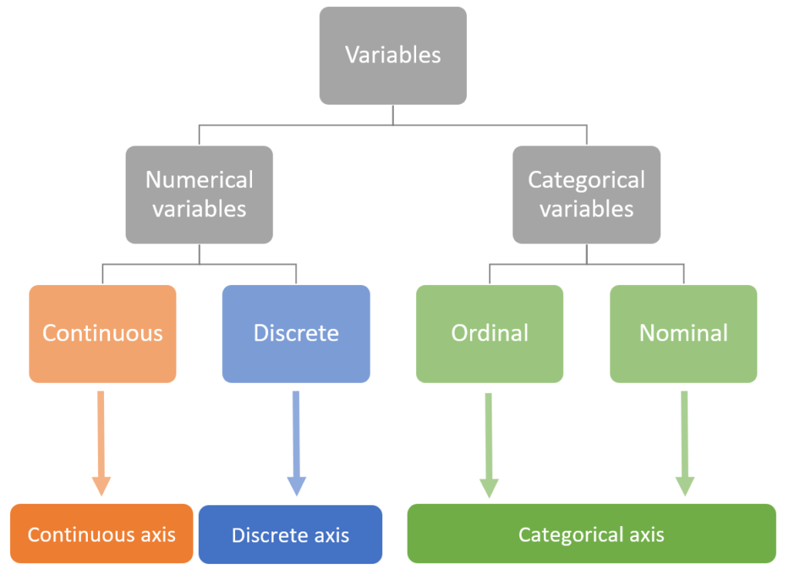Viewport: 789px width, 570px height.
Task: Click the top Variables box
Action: tap(393, 55)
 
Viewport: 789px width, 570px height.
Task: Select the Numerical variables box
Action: tap(200, 194)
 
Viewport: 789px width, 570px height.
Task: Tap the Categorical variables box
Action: tap(586, 194)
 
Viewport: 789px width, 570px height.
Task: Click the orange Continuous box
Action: tap(102, 334)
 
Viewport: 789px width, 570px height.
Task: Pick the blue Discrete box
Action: tap(296, 334)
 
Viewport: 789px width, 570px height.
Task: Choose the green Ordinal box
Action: tap(490, 334)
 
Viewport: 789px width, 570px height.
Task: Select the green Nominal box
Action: tap(683, 334)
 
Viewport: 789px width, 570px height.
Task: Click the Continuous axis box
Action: tap(102, 534)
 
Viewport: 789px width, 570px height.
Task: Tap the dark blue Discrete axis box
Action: tap(290, 535)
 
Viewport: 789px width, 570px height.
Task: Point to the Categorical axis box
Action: tap(591, 534)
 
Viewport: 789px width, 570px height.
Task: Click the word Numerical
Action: tap(200, 180)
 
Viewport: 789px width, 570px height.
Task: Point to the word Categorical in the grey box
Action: tap(586, 180)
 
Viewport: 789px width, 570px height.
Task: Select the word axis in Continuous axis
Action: tap(156, 535)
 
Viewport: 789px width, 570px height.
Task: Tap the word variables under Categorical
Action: tap(586, 209)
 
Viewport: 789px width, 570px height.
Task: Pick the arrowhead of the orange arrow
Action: tap(101, 486)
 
